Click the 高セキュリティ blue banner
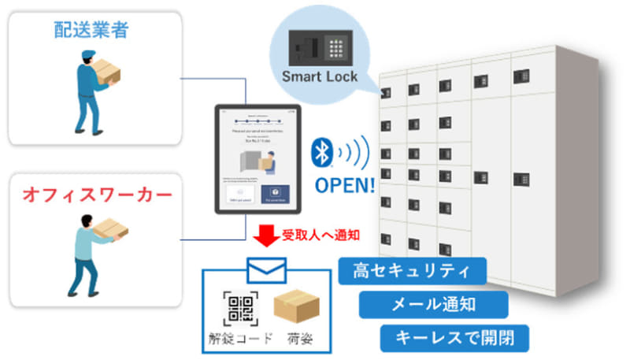point(412,272)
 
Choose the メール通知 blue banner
point(433,304)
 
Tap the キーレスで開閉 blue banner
point(454,337)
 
